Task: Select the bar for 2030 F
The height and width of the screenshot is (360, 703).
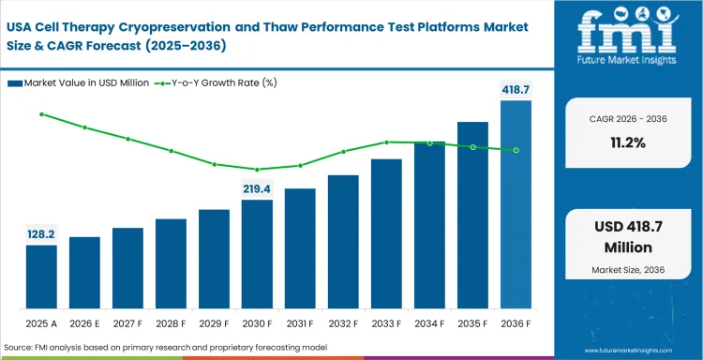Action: [257, 254]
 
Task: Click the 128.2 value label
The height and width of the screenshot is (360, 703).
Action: [41, 233]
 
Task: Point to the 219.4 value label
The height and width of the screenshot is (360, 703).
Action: [257, 188]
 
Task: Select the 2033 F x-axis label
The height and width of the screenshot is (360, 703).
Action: [386, 322]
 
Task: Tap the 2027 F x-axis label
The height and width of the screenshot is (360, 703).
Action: [127, 322]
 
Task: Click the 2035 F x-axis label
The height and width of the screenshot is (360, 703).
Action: [472, 322]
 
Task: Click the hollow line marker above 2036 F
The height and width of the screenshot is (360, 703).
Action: [516, 150]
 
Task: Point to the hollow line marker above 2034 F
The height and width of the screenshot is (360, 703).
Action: [429, 142]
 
